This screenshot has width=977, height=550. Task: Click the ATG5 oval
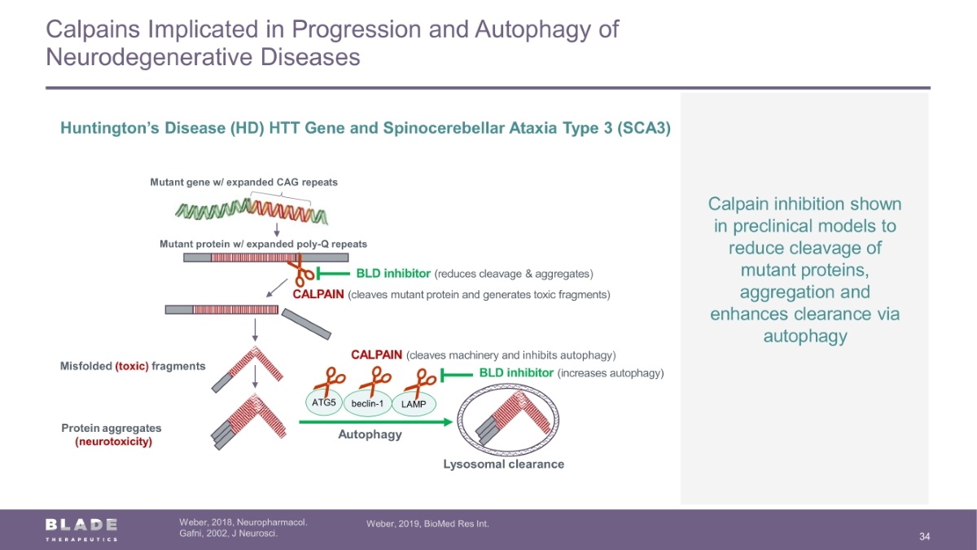[x=324, y=402]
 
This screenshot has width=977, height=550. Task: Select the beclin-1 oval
[x=368, y=403]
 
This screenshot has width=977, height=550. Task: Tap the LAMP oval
[x=414, y=404]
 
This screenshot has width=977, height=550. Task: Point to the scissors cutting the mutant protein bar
[x=301, y=271]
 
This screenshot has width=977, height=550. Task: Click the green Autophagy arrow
[x=375, y=422]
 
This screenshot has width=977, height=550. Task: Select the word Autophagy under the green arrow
[x=370, y=434]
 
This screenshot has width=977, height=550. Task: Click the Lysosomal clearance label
[x=504, y=464]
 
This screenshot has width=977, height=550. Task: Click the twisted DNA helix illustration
[x=252, y=210]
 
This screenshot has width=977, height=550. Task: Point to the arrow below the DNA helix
[x=277, y=230]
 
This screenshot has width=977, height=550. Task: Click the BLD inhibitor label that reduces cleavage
[x=393, y=274]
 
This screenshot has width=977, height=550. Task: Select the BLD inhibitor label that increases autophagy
[x=516, y=373]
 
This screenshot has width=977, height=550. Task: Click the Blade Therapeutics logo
[x=81, y=530]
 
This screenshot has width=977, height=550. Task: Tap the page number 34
[x=925, y=536]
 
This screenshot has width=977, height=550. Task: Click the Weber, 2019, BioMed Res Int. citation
[x=427, y=524]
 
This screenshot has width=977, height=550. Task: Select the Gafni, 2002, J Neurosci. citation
[x=229, y=534]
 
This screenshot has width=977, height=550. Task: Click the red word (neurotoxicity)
[x=114, y=442]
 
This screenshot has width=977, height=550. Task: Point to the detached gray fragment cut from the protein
[x=306, y=324]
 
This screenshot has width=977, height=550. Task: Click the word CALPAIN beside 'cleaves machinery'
[x=376, y=355]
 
